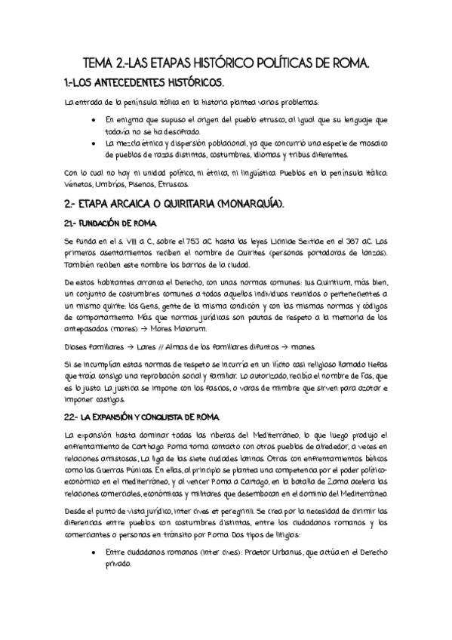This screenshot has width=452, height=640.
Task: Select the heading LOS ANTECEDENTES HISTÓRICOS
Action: (x=150, y=82)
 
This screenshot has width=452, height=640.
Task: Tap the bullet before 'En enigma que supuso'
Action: (x=92, y=120)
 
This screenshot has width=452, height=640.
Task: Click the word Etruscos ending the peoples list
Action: (x=175, y=184)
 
